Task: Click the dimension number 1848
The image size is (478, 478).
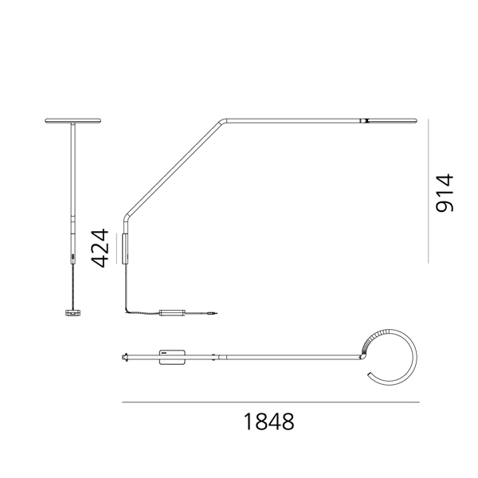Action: point(268,421)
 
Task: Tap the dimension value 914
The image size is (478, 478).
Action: point(445,193)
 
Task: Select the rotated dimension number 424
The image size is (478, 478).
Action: point(100,248)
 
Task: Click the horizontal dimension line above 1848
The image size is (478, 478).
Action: point(271,402)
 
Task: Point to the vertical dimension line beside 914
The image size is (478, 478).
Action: point(428,191)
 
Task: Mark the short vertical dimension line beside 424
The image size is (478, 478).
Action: point(117,248)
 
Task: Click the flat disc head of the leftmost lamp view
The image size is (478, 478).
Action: point(72,121)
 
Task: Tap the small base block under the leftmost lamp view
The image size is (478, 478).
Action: point(72,312)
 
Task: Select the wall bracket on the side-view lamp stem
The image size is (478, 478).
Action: point(125,249)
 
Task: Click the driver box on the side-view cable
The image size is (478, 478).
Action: point(172,312)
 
